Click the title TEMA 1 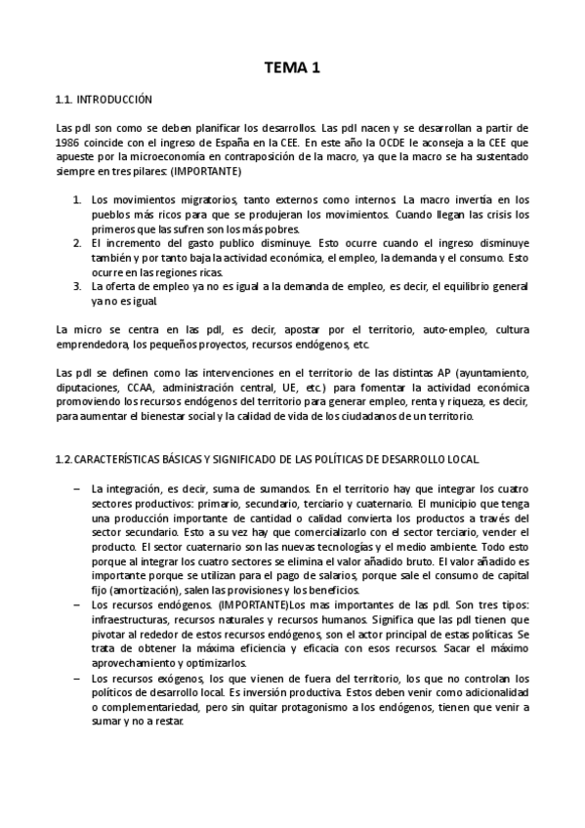point(293,68)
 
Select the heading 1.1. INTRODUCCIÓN point(104,100)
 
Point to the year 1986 point(68,143)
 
